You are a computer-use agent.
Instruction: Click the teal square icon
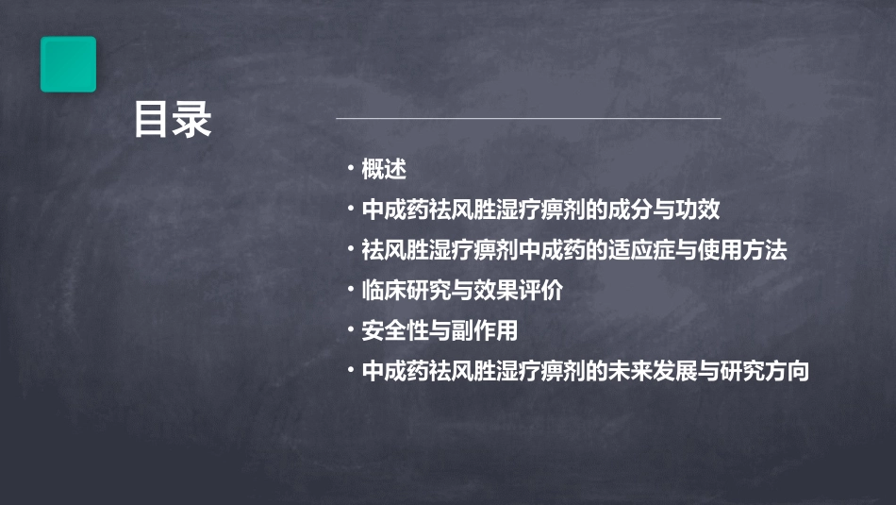(x=68, y=64)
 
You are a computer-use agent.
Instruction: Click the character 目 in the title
(x=152, y=121)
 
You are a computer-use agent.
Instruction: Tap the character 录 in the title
(x=193, y=121)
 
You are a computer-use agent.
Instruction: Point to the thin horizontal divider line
(x=528, y=119)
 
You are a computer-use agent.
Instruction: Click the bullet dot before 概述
(x=351, y=169)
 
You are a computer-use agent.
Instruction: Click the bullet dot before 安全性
(x=351, y=330)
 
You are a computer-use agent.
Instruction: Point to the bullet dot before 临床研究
(x=351, y=290)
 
